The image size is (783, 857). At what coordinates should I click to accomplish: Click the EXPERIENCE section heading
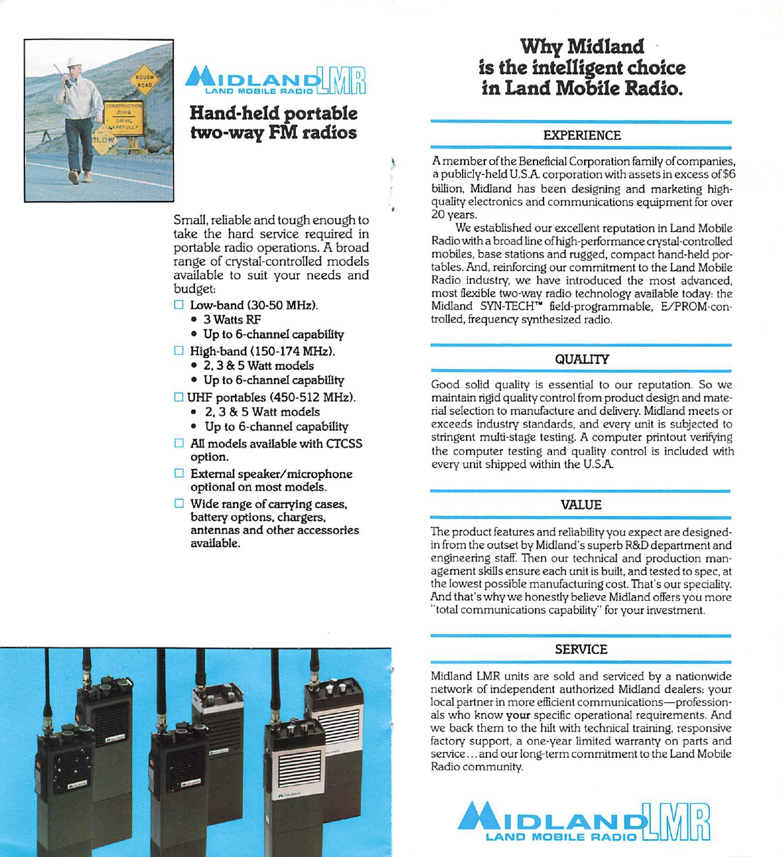[x=582, y=135]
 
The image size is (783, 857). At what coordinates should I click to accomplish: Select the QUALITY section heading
[x=582, y=359]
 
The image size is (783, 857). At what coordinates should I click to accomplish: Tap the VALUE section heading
[x=581, y=505]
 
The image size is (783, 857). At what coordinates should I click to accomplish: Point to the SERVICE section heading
[x=581, y=649]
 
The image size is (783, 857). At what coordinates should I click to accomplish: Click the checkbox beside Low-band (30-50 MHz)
[x=179, y=305]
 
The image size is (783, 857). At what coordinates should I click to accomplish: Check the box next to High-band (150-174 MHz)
[x=179, y=351]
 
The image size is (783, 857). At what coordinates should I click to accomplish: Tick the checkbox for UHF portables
[x=179, y=397]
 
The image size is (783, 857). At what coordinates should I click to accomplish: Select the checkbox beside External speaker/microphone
[x=179, y=473]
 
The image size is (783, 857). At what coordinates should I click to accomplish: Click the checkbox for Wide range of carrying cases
[x=179, y=504]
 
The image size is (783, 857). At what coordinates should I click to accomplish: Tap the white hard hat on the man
[x=74, y=61]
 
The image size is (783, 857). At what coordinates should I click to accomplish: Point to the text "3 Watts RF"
[x=232, y=320]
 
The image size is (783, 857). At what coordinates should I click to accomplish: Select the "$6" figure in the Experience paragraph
[x=728, y=175]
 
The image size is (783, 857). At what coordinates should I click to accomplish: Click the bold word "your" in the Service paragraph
[x=518, y=715]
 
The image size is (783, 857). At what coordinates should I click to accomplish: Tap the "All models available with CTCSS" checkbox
[x=179, y=443]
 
